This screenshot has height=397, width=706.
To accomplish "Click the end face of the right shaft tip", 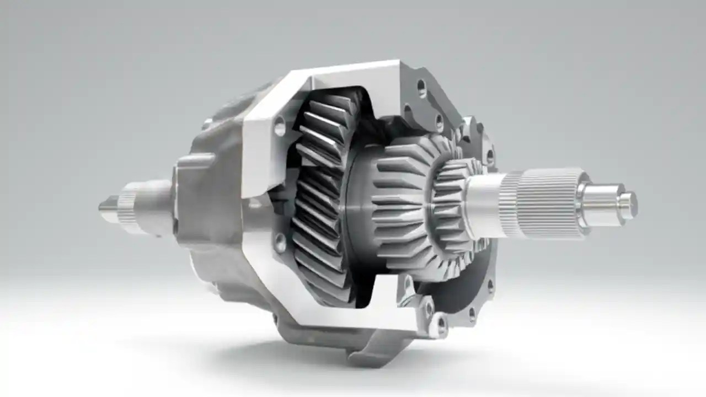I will click(629, 205).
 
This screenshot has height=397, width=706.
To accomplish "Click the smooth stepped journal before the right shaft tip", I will click(601, 203).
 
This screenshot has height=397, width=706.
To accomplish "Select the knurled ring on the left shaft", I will click(128, 207).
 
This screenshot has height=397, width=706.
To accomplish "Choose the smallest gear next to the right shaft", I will click(450, 201).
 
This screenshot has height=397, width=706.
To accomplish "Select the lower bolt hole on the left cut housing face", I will click(280, 243).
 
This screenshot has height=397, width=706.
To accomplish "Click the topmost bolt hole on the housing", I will click(421, 88).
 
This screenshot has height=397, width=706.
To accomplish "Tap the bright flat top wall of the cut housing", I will click(353, 74).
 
